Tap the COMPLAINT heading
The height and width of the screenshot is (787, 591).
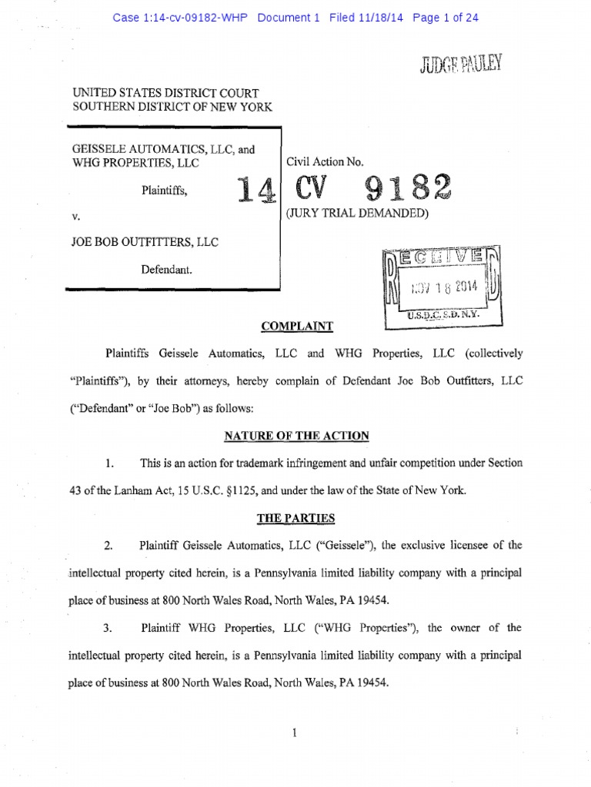pos(297,326)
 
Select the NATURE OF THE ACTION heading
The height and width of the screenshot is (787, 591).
pos(296,436)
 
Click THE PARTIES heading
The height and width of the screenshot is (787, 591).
pos(296,517)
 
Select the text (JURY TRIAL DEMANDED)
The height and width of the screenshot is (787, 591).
pos(356,213)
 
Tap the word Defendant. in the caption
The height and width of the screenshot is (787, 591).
pos(165,270)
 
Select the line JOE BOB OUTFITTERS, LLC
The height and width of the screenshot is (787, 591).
pos(145,242)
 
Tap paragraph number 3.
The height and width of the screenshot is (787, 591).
pos(109,628)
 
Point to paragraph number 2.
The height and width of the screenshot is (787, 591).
pos(109,545)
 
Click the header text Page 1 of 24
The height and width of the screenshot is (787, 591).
pos(446,18)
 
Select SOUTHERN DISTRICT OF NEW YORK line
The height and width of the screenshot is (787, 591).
pos(172,107)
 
